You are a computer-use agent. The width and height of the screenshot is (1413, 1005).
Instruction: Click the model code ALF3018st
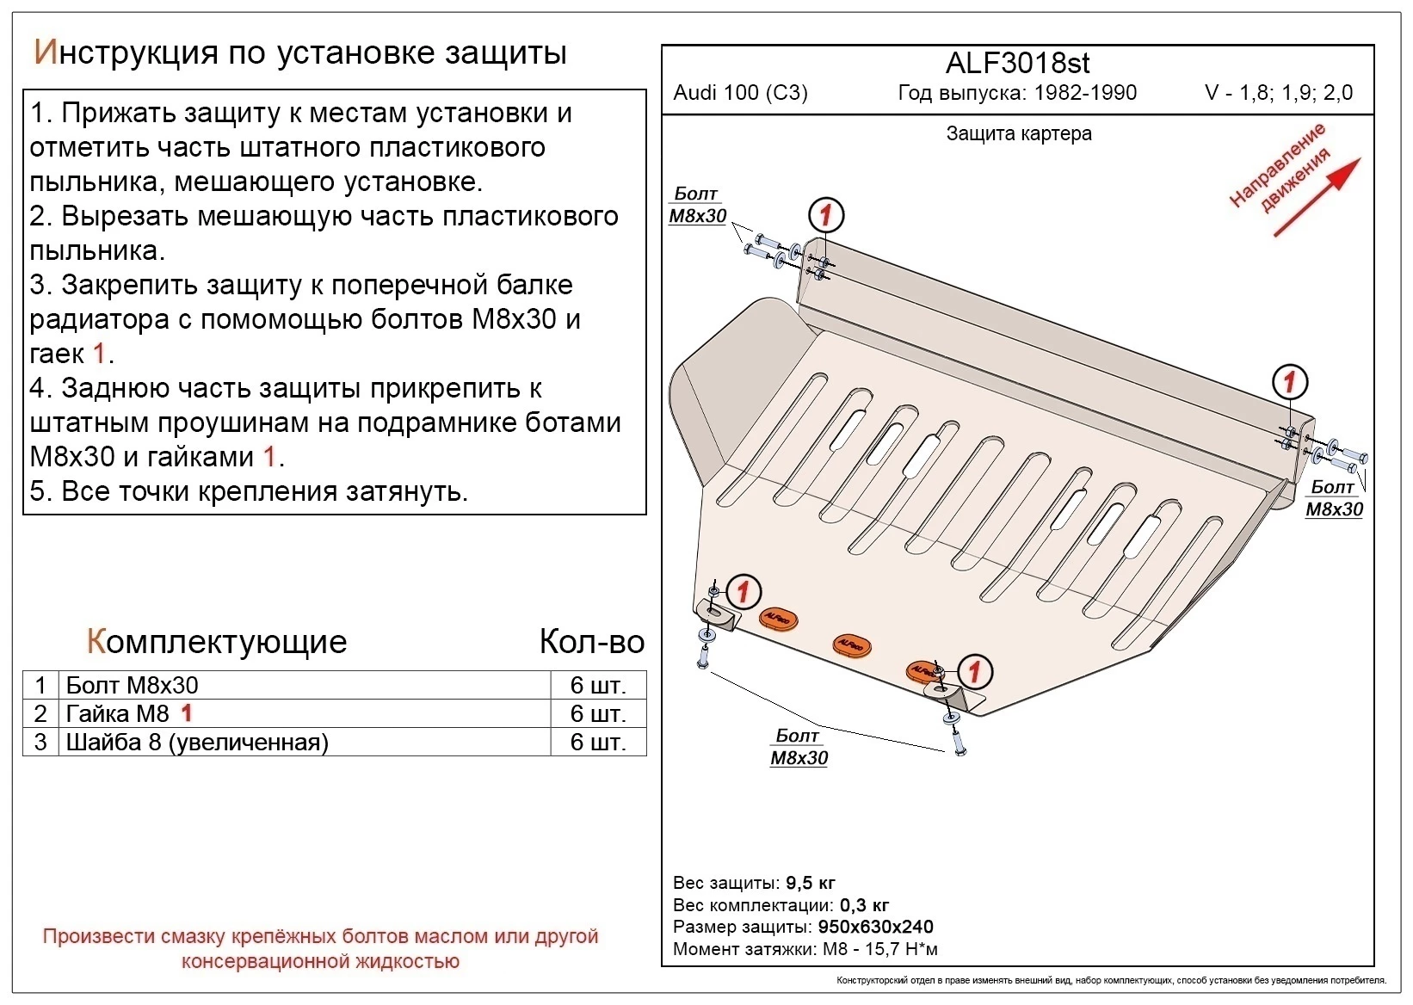pos(1017,64)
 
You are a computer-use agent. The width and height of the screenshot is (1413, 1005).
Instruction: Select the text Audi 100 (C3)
pos(740,93)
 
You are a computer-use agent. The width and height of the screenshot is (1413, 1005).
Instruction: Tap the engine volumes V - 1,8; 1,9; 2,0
pos(1279,93)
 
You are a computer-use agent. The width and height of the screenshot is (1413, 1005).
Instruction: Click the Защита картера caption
pos(1018,134)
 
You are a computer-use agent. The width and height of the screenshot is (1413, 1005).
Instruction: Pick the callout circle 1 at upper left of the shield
pos(826,215)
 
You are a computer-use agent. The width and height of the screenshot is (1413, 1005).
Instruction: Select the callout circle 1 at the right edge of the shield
pos(1289,382)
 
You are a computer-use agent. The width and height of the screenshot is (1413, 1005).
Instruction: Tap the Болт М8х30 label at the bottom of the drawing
pos(799,747)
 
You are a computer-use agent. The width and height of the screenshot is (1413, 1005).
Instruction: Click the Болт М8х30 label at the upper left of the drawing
pos(697,206)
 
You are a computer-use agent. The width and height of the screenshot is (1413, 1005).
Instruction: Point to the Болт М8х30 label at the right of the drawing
pos(1334,498)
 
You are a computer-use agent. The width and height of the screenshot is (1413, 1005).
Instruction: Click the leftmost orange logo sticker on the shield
pos(778,618)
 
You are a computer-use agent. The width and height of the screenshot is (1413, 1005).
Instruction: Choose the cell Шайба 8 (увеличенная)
pos(197,743)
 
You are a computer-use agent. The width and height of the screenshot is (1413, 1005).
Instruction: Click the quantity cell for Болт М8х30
pos(597,686)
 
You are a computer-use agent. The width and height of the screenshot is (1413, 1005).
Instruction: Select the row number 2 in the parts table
pos(40,713)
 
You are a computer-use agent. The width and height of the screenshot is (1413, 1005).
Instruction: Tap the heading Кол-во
pos(591,641)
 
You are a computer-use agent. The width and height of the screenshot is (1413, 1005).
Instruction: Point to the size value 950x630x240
pos(874,928)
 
